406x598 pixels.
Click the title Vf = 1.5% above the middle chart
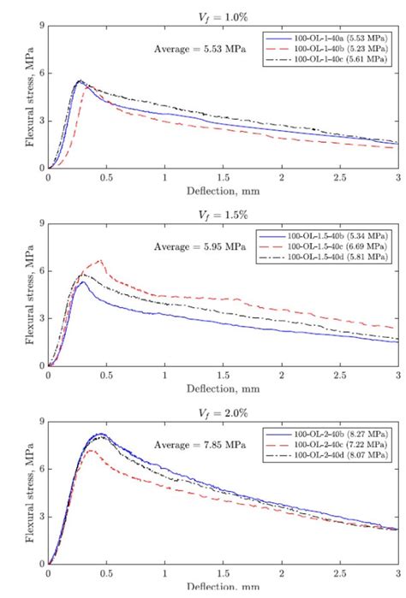(224, 212)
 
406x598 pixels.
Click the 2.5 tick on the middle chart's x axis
(340, 376)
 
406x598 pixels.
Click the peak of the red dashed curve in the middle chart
(101, 260)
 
